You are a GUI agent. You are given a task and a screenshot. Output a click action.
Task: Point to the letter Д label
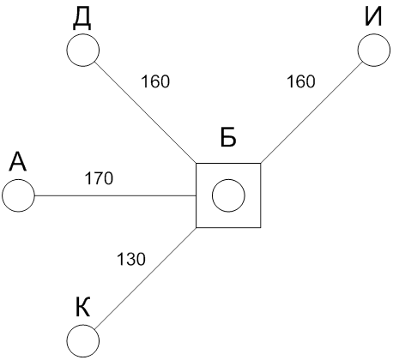(82, 19)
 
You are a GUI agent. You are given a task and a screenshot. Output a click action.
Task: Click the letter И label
(373, 16)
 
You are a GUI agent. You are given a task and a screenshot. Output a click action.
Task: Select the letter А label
(18, 161)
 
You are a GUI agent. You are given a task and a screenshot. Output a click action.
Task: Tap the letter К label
(83, 307)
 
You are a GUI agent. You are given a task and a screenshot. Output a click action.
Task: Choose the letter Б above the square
(228, 138)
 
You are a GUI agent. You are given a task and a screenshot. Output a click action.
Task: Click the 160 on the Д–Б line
(155, 81)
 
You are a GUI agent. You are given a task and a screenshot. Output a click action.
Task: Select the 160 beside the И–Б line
(301, 81)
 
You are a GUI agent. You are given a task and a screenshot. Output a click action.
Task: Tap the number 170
(99, 178)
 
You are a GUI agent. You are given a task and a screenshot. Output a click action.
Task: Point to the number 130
(131, 259)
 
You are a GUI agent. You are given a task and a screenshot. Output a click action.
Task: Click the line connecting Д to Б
(145, 112)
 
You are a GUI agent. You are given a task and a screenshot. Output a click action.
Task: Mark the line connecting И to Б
(311, 112)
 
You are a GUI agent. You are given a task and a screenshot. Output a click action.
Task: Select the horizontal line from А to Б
(115, 195)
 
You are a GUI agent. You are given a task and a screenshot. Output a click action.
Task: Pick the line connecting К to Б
(145, 279)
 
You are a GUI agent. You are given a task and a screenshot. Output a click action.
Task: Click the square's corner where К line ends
(196, 228)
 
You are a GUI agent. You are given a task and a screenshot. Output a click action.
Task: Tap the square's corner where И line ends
(261, 164)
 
